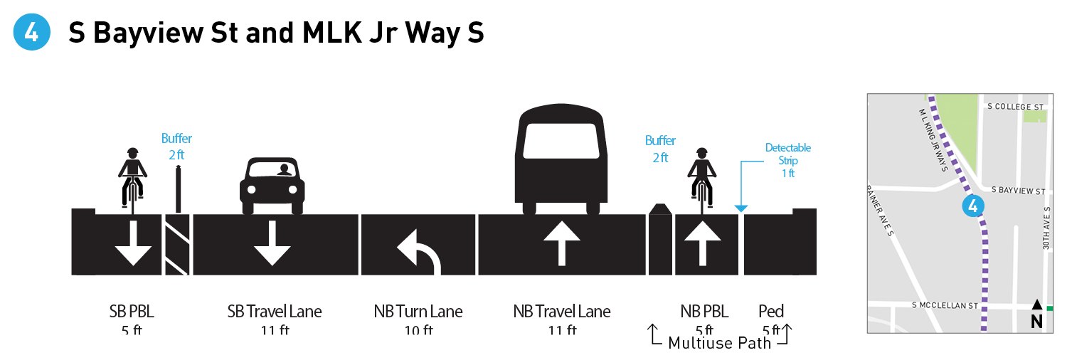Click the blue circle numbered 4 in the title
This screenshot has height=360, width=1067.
click(x=32, y=32)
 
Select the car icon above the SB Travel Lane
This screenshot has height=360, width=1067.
click(x=272, y=186)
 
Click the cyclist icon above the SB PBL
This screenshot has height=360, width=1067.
click(x=132, y=178)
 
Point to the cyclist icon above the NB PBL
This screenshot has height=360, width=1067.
click(x=702, y=178)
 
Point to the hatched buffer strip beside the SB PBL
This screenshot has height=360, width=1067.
click(x=177, y=244)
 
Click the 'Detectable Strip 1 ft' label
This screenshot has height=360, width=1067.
click(x=787, y=160)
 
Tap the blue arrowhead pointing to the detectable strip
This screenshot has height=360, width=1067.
click(x=740, y=208)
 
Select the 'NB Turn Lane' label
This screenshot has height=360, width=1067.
click(x=418, y=311)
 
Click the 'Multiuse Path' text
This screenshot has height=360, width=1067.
click(x=720, y=343)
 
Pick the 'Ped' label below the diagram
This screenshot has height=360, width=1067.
click(x=771, y=311)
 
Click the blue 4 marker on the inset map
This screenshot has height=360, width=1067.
click(x=972, y=207)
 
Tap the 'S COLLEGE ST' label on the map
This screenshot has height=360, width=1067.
click(x=1015, y=107)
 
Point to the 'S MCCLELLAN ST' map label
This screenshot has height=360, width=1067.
click(x=946, y=305)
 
